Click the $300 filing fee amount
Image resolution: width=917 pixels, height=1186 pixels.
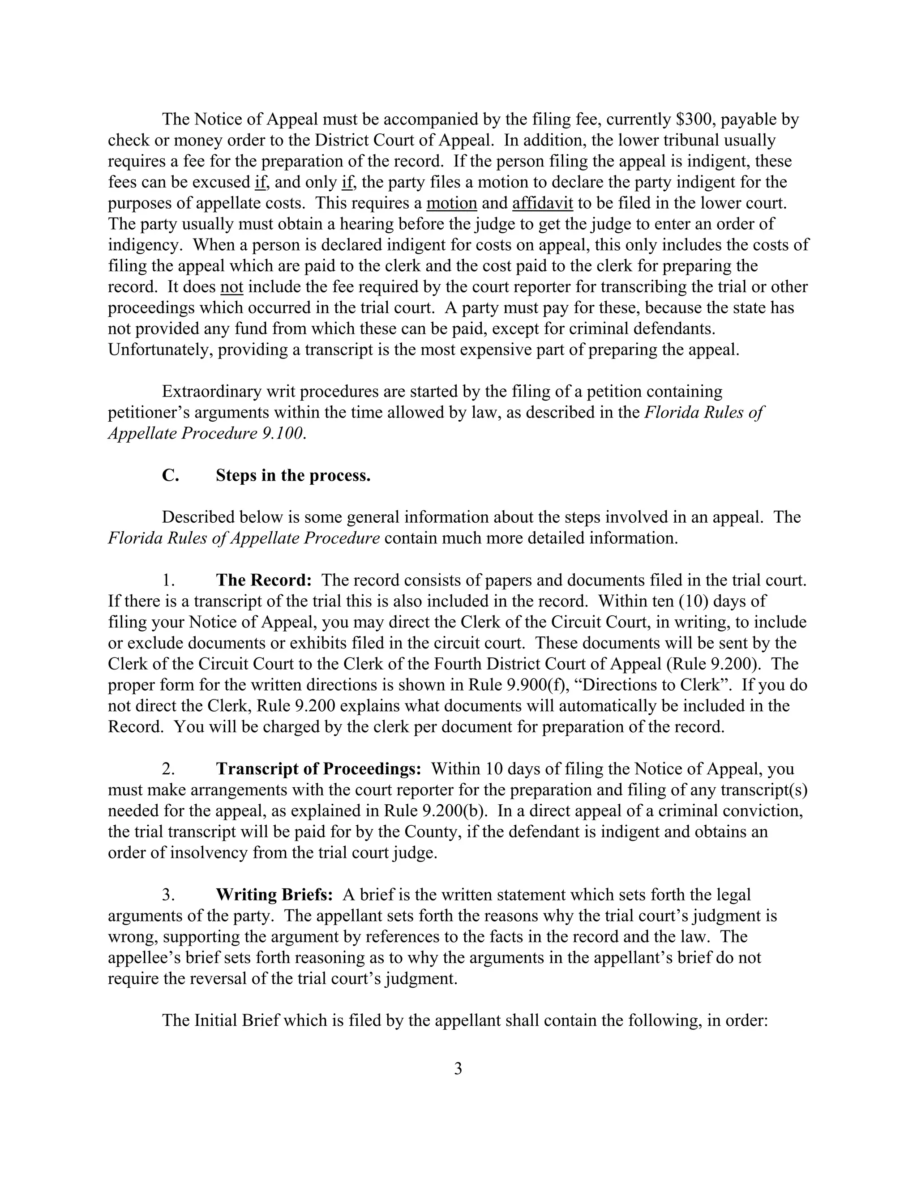[695, 119]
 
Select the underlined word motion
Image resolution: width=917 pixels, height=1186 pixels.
[451, 203]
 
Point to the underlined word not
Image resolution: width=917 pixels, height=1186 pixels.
[232, 287]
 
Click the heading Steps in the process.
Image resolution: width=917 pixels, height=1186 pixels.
[293, 475]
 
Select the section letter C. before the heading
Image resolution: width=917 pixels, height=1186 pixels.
[170, 475]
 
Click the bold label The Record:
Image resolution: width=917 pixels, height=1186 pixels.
[263, 580]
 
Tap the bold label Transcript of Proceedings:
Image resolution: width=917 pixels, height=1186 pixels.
[318, 768]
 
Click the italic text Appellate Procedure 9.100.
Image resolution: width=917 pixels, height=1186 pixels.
[206, 433]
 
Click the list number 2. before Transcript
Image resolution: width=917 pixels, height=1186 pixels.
[168, 768]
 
